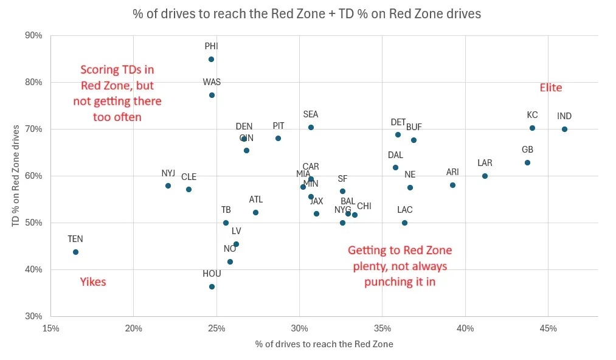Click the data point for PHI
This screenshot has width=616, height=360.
(x=211, y=59)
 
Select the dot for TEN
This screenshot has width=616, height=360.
(x=75, y=252)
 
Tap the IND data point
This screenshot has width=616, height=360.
(x=564, y=129)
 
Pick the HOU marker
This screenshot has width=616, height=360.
(x=212, y=286)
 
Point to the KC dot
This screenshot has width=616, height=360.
(x=532, y=128)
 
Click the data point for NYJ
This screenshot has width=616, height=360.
(x=168, y=185)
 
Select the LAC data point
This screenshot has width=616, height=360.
(x=404, y=223)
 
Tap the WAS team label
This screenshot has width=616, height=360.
(x=212, y=82)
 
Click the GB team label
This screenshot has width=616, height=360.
(x=527, y=150)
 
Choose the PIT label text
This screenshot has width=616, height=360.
(x=279, y=126)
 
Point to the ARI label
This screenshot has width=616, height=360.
(x=452, y=172)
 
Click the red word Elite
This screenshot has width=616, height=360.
(x=551, y=88)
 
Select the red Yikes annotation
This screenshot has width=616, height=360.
(x=93, y=282)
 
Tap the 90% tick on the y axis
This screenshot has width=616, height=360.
(x=34, y=35)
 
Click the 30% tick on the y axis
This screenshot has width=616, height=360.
(x=34, y=316)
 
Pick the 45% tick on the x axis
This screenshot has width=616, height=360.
(x=548, y=329)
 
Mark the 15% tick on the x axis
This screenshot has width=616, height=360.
(x=50, y=329)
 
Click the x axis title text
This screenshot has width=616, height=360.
(x=324, y=344)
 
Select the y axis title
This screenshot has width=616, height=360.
(x=16, y=176)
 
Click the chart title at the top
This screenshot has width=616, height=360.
(x=307, y=13)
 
